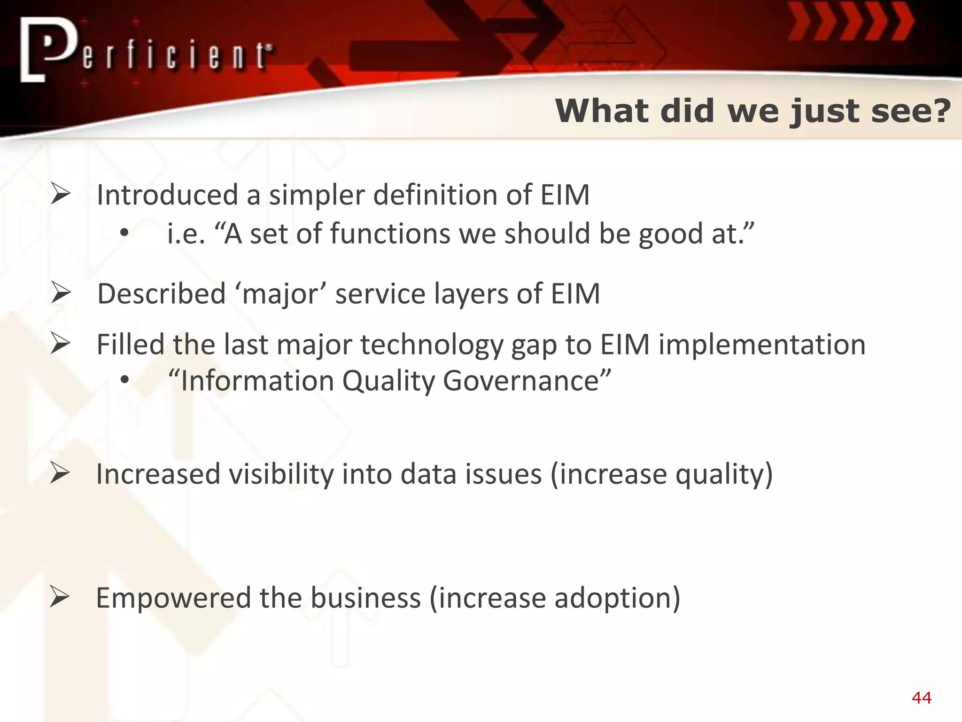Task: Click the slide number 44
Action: coord(921,698)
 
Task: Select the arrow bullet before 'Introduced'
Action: coord(61,195)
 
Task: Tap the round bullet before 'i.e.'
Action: coord(124,234)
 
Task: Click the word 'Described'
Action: coord(162,294)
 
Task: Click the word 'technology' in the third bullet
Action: coord(432,345)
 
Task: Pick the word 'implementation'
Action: coord(762,345)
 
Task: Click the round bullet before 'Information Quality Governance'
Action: coord(124,380)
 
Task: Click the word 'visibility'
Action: coord(281,474)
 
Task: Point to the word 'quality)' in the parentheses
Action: coord(724,475)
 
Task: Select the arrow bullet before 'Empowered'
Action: coord(60,597)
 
